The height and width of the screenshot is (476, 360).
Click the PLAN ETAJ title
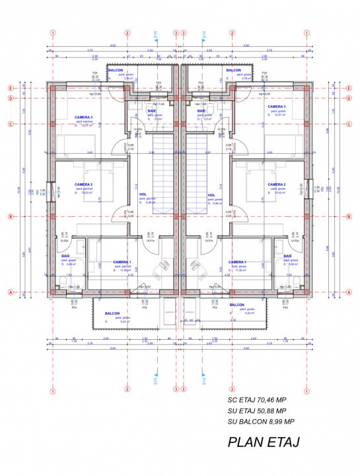click(264, 442)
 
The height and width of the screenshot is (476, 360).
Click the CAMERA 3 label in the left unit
click(83, 118)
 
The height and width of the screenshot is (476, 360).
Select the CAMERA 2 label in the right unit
click(276, 184)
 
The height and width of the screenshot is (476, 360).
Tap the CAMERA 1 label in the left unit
click(122, 262)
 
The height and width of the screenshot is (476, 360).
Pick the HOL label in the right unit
click(212, 195)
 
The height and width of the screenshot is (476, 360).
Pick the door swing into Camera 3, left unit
click(119, 148)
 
